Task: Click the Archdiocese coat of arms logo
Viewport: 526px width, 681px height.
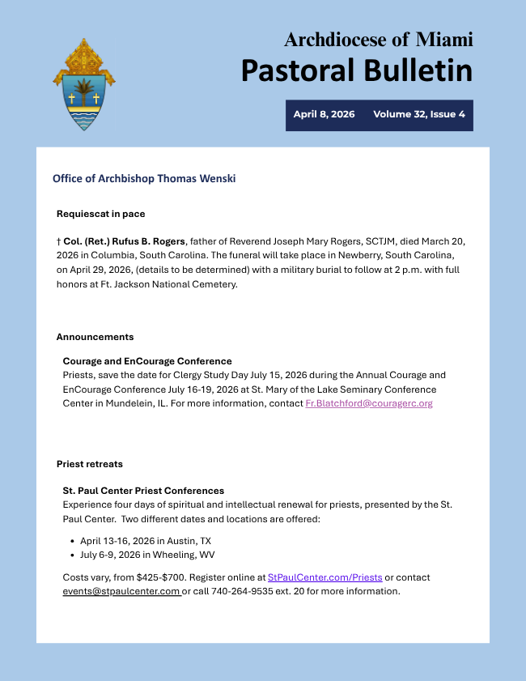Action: pyautogui.click(x=83, y=84)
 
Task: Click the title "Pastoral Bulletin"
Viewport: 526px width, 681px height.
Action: pyautogui.click(x=356, y=70)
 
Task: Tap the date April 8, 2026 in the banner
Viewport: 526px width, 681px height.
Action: pyautogui.click(x=324, y=114)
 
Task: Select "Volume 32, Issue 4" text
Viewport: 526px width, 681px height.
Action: pyautogui.click(x=418, y=114)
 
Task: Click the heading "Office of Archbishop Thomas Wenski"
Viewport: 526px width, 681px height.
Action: pyautogui.click(x=144, y=178)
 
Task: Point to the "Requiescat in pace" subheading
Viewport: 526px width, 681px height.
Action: pyautogui.click(x=100, y=214)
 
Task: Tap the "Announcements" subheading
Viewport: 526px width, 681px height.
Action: pyautogui.click(x=95, y=337)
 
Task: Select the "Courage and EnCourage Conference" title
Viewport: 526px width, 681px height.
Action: pyautogui.click(x=147, y=361)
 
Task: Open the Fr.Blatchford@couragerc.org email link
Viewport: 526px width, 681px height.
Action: pyautogui.click(x=368, y=403)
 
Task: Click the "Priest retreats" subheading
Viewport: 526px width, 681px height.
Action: pyautogui.click(x=89, y=464)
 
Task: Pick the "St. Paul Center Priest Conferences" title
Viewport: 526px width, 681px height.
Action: pyautogui.click(x=143, y=491)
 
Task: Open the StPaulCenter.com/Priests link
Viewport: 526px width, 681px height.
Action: pyautogui.click(x=325, y=577)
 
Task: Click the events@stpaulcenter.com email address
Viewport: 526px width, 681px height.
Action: pyautogui.click(x=121, y=591)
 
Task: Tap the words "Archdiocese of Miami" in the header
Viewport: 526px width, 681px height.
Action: pyautogui.click(x=378, y=39)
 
